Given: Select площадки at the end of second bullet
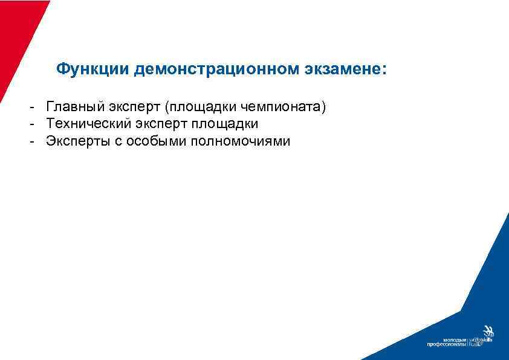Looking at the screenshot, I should (225, 124).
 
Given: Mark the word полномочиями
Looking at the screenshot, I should (240, 141).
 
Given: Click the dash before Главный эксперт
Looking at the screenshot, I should (29, 108).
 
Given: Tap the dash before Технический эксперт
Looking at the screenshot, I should (29, 124).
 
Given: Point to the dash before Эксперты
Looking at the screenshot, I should (29, 141).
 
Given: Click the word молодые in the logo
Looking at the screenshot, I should (455, 339).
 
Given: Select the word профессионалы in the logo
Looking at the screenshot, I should (447, 345).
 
